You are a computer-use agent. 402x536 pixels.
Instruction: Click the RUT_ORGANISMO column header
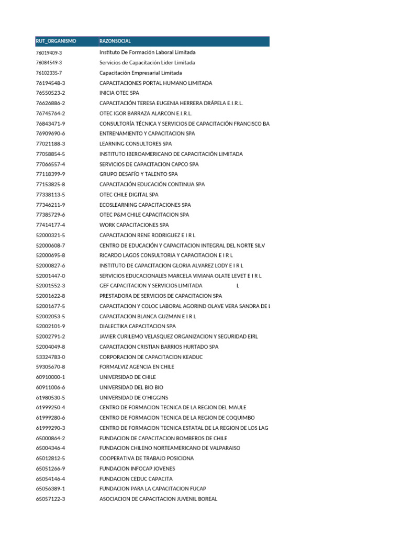(56, 41)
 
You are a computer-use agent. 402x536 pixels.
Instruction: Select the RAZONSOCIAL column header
(115, 41)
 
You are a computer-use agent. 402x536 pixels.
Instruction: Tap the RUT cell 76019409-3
(49, 53)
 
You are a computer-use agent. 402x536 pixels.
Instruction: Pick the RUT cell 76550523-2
(50, 93)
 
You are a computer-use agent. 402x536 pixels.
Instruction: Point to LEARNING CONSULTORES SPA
(136, 144)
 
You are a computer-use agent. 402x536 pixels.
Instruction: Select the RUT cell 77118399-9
(50, 174)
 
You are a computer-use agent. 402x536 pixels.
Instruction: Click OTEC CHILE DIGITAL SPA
(129, 195)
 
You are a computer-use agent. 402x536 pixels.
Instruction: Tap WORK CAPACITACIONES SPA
(134, 225)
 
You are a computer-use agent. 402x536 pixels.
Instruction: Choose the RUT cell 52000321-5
(50, 236)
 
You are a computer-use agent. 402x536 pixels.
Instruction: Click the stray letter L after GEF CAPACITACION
(238, 286)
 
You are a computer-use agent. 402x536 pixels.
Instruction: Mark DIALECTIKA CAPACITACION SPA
(138, 327)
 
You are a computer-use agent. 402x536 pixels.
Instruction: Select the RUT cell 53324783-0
(50, 357)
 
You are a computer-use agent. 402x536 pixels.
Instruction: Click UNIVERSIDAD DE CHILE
(128, 377)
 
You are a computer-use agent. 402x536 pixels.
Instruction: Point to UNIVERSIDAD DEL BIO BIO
(131, 387)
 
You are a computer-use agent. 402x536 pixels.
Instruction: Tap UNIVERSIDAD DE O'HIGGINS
(134, 398)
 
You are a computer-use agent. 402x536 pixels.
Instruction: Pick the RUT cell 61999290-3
(50, 428)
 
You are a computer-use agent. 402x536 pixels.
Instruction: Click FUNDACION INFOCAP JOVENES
(137, 468)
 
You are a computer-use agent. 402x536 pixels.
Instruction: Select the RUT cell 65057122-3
(50, 499)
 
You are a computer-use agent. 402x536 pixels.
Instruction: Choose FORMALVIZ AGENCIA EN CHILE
(137, 367)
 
